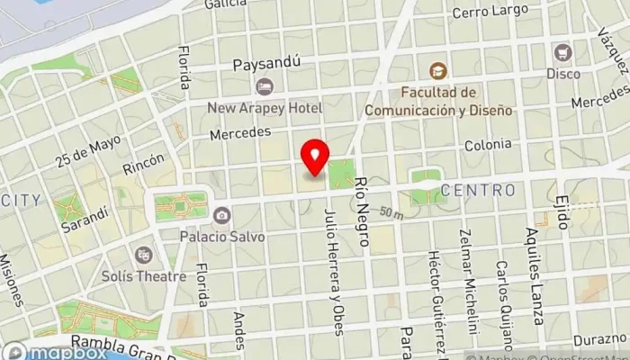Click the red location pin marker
pos(315,157)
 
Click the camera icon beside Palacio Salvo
pos(221,216)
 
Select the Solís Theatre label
pos(144,276)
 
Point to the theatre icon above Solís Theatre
pos(143,256)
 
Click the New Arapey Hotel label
pos(264,107)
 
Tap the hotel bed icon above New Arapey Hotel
pos(264,86)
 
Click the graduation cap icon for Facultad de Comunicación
pos(437,70)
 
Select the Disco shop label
pos(563,73)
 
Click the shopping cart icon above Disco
pos(563,52)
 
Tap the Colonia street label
pos(488,145)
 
